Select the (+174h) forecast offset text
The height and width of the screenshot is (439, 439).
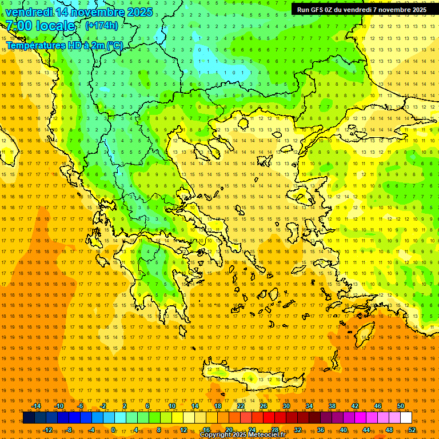click(102, 26)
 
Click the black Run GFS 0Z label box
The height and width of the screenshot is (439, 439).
click(361, 10)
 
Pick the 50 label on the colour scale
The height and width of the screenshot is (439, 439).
click(401, 406)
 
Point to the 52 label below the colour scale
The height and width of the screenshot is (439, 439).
click(412, 429)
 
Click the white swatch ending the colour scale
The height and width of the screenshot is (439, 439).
click(406, 418)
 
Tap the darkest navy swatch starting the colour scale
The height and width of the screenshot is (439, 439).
click(29, 418)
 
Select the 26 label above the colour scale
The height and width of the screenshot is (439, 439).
click(264, 406)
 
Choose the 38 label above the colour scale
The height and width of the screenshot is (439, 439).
click(332, 406)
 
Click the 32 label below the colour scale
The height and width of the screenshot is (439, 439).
click(298, 429)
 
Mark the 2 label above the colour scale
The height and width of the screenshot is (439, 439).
click(125, 406)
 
